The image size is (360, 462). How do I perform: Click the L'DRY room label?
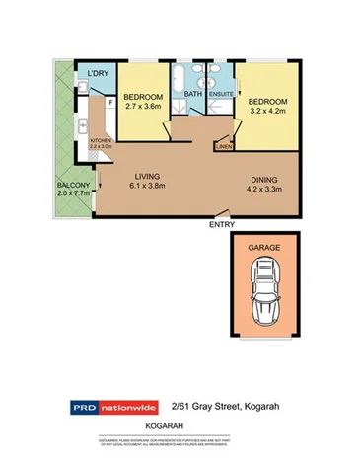point(97,74)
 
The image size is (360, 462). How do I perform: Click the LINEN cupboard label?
point(224,146)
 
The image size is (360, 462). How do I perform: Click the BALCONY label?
point(73,185)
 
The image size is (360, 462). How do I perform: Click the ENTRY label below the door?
point(223,225)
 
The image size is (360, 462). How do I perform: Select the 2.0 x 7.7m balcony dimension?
point(73,194)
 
